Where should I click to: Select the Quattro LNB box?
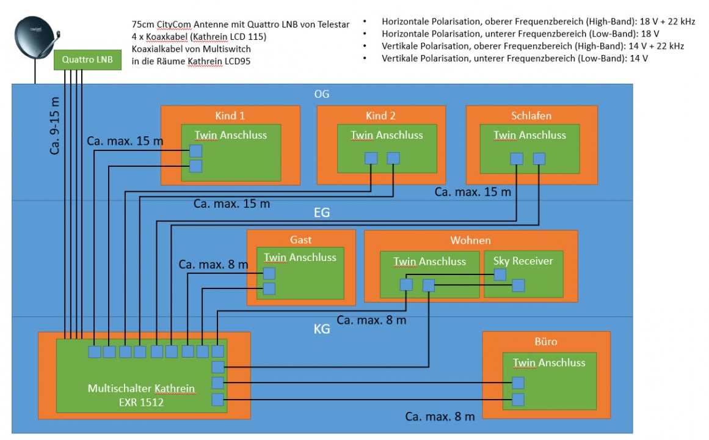87,60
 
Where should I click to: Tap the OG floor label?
322,94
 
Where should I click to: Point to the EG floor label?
322,213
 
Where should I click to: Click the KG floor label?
322,329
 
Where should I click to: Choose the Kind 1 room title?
230,116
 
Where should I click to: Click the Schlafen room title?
531,116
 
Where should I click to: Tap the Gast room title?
301,240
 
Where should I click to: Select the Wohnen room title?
470,240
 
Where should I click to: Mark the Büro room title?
546,342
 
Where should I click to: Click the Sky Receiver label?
523,261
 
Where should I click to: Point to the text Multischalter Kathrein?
141,388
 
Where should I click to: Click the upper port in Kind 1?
195,150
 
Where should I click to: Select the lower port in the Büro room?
518,400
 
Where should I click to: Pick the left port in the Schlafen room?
517,159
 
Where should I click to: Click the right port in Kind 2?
393,158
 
